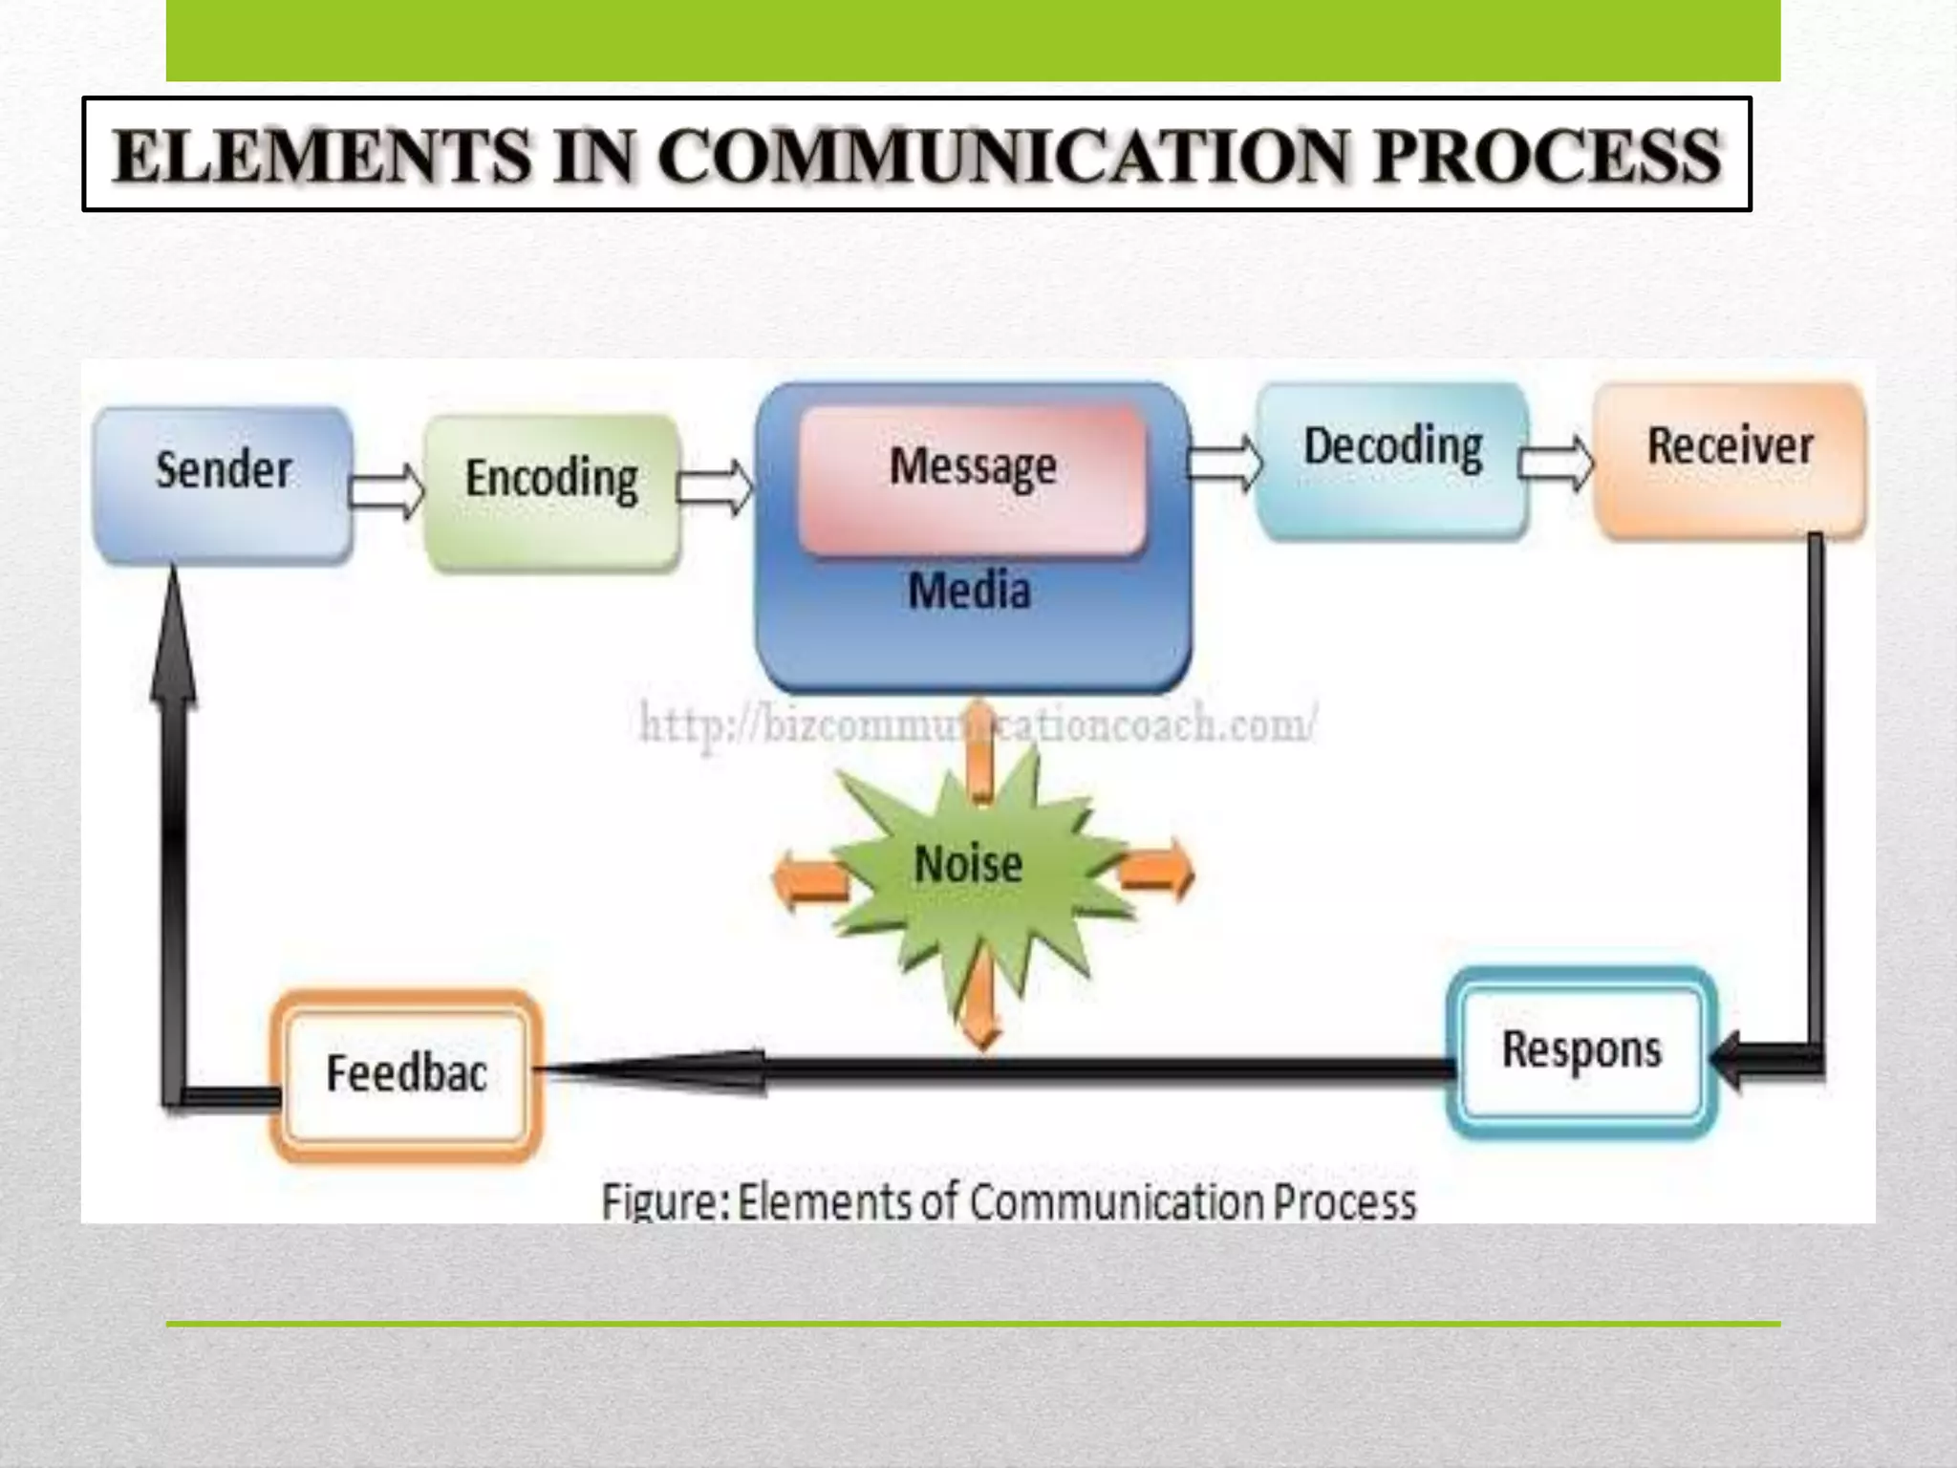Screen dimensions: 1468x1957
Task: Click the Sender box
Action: point(223,485)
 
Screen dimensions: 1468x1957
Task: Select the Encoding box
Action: point(552,491)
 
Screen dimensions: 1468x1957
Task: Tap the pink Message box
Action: point(972,478)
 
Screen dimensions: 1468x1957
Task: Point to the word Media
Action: point(969,591)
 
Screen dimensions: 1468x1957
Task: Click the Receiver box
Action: point(1730,459)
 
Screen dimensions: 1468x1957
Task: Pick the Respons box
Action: point(1582,1051)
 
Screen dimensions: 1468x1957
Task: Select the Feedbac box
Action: point(407,1074)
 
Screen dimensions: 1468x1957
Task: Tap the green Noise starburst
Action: point(969,865)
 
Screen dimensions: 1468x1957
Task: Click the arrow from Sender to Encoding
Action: point(387,490)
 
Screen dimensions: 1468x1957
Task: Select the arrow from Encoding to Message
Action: point(716,487)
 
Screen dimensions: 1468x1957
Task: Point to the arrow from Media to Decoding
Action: point(1224,462)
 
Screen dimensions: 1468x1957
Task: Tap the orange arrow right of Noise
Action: point(1157,870)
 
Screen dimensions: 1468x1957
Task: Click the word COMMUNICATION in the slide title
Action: point(1008,156)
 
